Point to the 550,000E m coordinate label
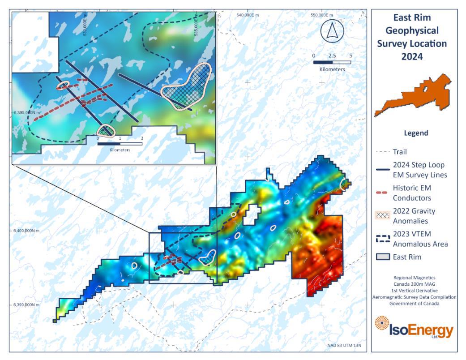[322, 15]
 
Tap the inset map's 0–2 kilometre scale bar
[120, 144]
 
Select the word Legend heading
[415, 133]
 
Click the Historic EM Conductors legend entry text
[412, 193]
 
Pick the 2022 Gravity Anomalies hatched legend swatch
[383, 216]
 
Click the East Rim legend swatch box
[383, 257]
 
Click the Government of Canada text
[414, 304]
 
